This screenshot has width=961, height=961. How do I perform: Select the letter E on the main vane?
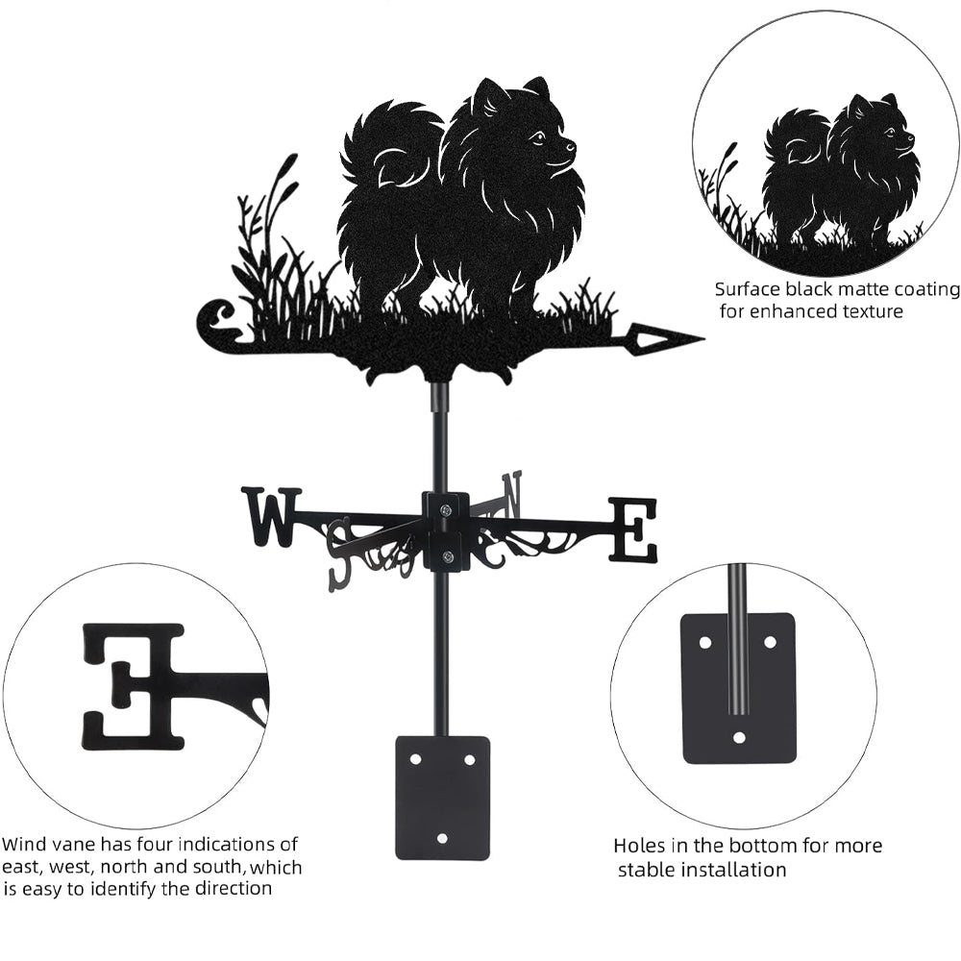[633, 530]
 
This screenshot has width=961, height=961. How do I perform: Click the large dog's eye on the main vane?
[539, 137]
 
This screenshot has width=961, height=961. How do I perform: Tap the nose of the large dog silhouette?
[573, 147]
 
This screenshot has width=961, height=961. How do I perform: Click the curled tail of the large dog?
[384, 144]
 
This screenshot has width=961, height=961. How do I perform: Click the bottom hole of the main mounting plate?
[442, 838]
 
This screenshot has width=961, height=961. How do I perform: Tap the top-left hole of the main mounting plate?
[415, 759]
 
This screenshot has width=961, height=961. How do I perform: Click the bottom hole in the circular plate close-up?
[739, 738]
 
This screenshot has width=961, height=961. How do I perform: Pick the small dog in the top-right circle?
[842, 168]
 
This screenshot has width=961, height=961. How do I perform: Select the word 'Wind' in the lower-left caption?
[23, 845]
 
